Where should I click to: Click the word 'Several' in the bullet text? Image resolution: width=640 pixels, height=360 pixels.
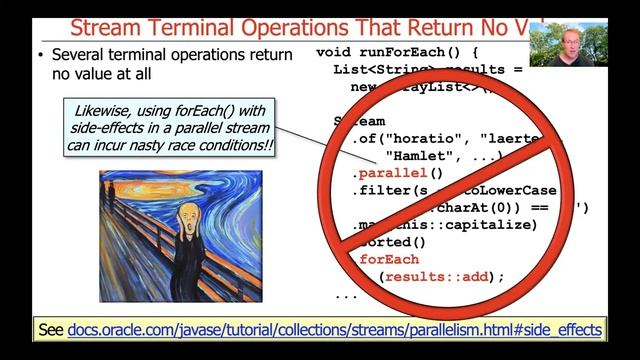click(x=80, y=55)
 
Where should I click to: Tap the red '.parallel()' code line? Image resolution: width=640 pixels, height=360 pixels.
click(x=391, y=173)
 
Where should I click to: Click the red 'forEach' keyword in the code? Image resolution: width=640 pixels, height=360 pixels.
click(x=386, y=259)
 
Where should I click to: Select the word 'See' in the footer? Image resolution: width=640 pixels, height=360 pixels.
click(x=50, y=329)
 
